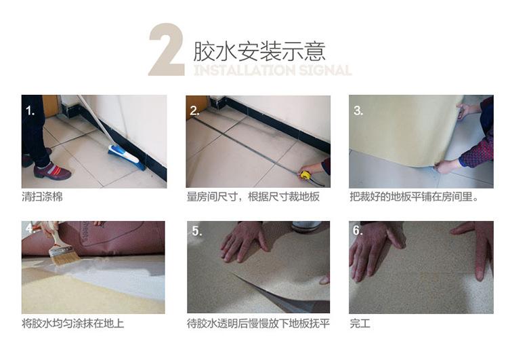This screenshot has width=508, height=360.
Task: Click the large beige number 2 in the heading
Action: [167, 49]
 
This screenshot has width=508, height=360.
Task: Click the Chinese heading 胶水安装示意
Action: [259, 52]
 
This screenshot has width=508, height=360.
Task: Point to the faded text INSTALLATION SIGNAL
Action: [272, 70]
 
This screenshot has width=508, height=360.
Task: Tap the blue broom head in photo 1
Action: [127, 157]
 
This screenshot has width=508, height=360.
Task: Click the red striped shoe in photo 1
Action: [52, 171]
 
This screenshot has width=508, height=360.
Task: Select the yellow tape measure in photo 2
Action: [305, 175]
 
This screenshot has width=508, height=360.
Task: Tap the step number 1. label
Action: [30, 111]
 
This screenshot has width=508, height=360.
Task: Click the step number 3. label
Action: [358, 111]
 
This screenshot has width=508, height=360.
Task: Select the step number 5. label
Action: [197, 231]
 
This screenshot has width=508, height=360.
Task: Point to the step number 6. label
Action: [358, 231]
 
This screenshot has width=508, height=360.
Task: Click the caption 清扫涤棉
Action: [42, 197]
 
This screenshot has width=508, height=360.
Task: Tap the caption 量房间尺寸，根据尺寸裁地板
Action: [253, 197]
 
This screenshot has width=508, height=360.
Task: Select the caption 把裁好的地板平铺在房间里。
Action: [414, 197]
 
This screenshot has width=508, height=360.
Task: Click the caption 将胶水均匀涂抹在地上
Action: [73, 323]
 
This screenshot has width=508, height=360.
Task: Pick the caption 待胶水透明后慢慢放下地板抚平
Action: [258, 323]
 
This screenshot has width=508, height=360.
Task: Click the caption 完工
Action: [360, 323]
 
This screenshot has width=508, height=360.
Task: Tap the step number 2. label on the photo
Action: [194, 111]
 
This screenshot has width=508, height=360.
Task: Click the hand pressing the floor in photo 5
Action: [245, 241]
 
